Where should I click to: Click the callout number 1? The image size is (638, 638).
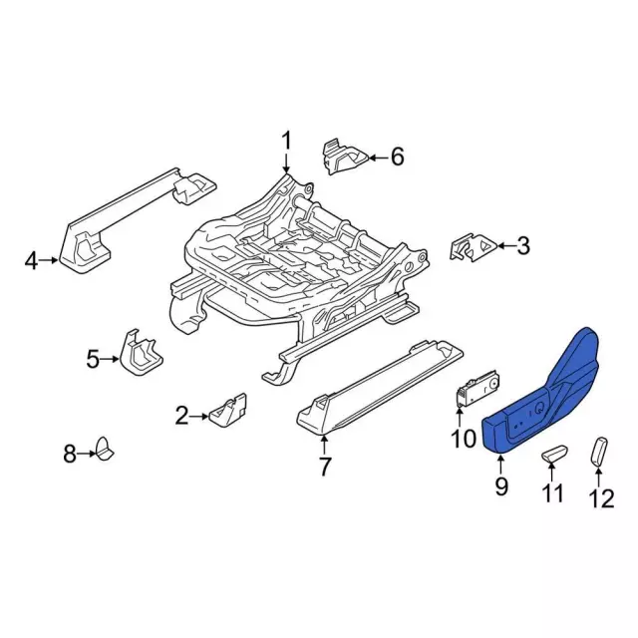[287, 141]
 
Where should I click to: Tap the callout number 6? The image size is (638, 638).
[397, 157]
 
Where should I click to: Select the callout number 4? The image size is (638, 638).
[31, 261]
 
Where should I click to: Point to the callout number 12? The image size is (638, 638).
[602, 498]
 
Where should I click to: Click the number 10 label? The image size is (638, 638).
[464, 439]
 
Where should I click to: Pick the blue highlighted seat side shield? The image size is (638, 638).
[541, 393]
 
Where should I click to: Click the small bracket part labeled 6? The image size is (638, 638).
[345, 157]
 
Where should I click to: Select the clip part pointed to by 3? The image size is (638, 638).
[474, 248]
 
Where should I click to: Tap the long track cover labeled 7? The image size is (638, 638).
[380, 386]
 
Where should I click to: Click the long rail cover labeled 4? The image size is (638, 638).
[137, 221]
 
